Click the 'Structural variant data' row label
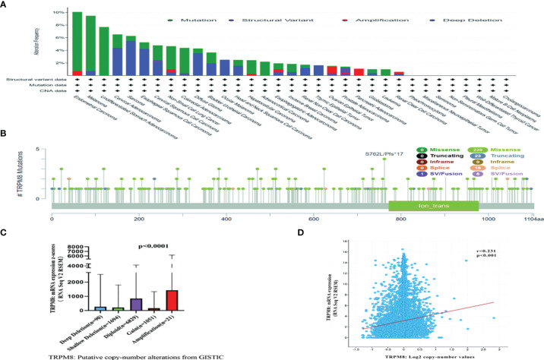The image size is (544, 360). click(28, 78)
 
